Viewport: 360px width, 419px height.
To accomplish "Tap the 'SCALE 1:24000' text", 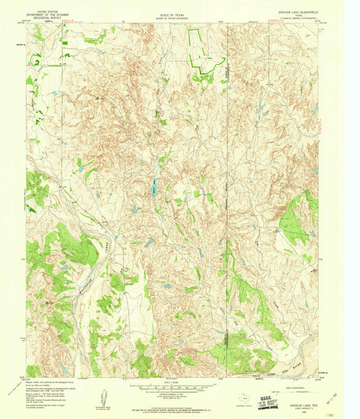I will tap(170, 381).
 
